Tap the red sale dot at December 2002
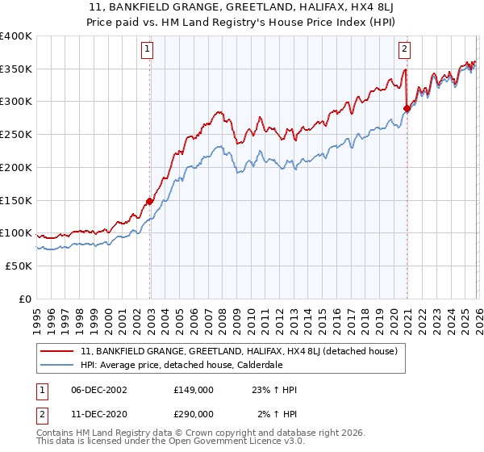150,201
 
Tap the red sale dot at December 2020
407,109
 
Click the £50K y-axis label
19,266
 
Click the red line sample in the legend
58,351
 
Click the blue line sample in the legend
58,365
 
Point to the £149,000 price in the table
193,390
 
